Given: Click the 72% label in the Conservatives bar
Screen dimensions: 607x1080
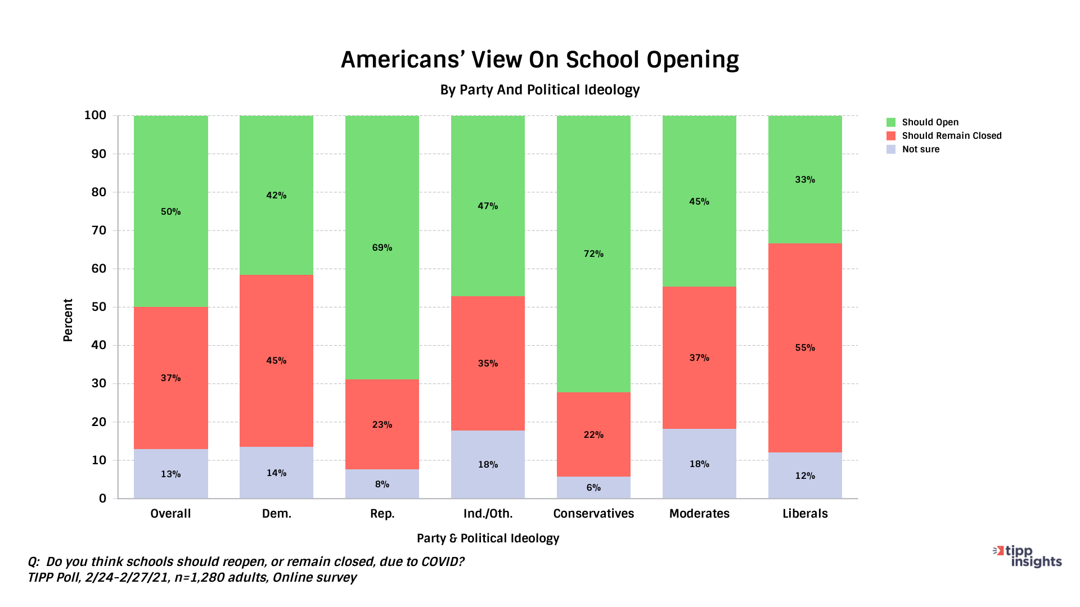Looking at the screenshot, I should pos(593,254).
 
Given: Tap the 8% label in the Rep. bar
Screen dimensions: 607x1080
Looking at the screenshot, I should pos(382,484).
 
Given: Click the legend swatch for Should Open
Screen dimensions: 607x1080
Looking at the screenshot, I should pos(891,123).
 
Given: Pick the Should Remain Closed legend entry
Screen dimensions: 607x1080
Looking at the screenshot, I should pos(951,136).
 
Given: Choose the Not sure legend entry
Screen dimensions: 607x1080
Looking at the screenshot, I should pos(920,150).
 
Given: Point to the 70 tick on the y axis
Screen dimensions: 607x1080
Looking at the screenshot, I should pos(98,230).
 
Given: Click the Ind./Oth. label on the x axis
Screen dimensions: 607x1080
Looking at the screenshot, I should pos(488,514).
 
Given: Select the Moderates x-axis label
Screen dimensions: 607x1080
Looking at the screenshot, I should pos(699,514).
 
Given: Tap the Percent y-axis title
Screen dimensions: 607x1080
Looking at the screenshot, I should pos(68,320).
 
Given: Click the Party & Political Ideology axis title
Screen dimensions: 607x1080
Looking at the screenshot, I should pos(488,538).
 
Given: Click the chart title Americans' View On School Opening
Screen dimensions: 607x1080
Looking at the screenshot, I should pos(539,60).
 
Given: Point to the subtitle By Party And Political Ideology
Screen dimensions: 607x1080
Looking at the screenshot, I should pos(539,90).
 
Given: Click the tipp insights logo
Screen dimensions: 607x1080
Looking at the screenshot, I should pos(1028,556).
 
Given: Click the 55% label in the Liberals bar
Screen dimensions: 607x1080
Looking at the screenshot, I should pos(805,348).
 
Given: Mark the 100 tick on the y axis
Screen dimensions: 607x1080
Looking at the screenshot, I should pos(95,115).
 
